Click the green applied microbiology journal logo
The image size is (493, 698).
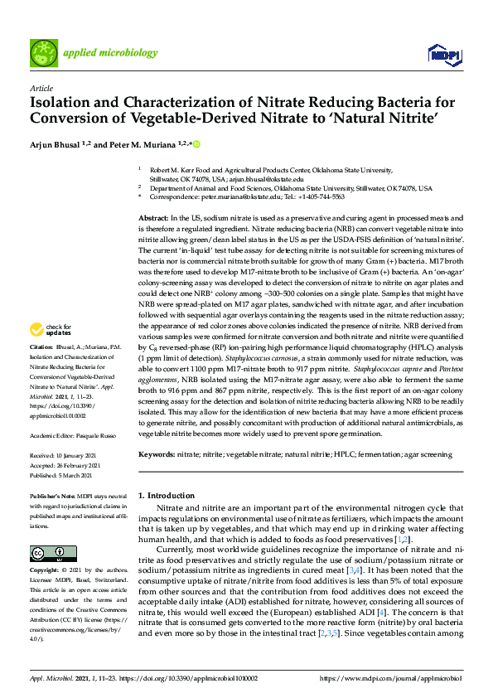click(x=44, y=52)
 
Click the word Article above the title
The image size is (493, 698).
click(x=41, y=88)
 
